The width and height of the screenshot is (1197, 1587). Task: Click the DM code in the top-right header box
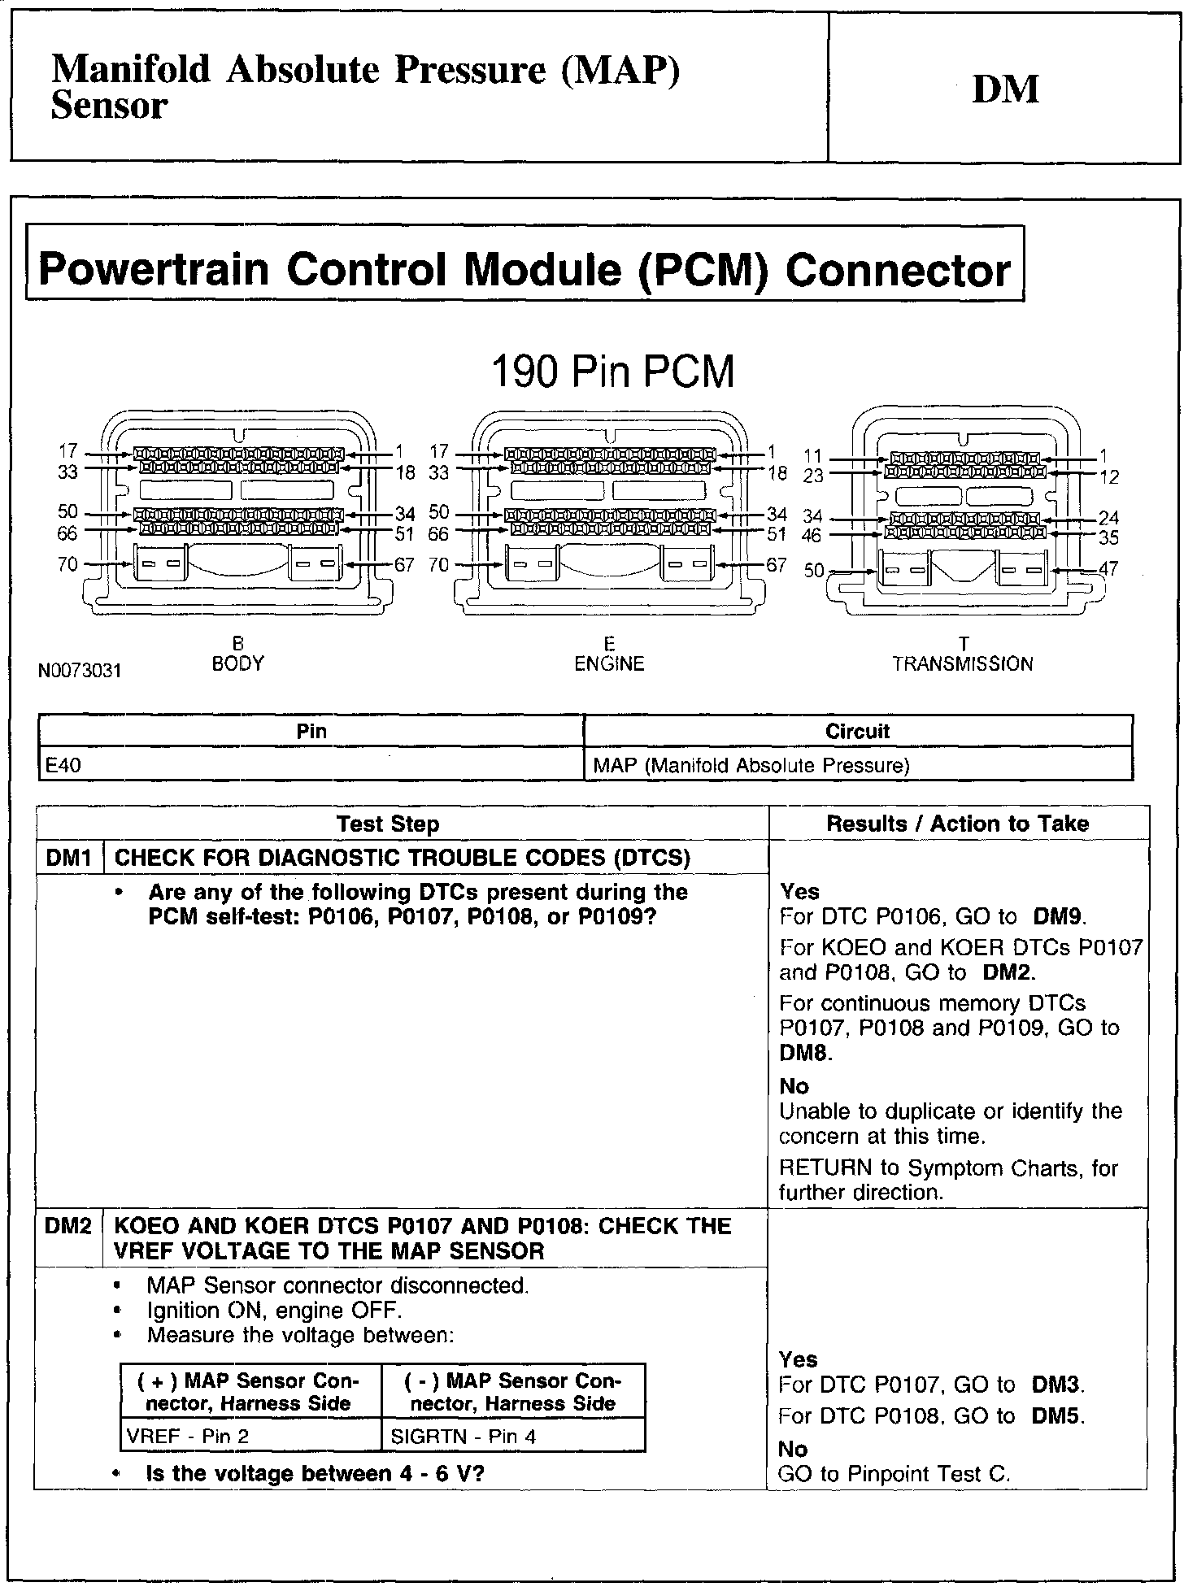point(1005,89)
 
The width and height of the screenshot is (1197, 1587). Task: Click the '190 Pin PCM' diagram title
point(612,372)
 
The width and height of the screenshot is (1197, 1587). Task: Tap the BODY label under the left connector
point(237,663)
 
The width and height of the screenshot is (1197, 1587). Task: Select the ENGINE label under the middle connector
point(609,663)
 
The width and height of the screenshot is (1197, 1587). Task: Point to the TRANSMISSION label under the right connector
point(962,663)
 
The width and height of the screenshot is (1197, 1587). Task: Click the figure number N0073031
point(79,671)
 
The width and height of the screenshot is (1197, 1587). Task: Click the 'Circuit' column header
point(857,731)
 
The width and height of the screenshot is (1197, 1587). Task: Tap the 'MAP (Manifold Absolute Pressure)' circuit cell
point(751,765)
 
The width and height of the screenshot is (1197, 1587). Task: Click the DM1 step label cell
point(69,858)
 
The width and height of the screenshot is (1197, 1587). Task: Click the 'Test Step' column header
point(388,824)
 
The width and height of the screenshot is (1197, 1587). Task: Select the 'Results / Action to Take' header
point(957,824)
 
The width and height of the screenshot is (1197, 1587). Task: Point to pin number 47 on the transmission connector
point(1108,568)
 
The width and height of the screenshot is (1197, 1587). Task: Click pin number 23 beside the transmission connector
point(813,476)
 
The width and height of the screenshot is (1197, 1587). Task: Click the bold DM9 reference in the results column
point(1058,917)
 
